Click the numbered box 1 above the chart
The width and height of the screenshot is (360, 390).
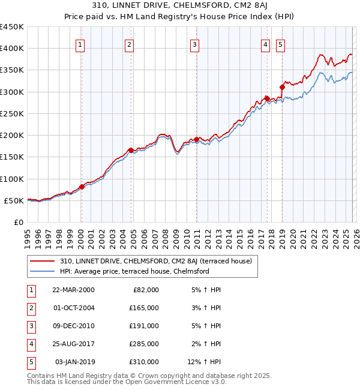coord(80,44)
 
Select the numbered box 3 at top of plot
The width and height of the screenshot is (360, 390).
coord(195,44)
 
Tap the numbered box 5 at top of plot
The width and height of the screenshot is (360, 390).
coord(281,44)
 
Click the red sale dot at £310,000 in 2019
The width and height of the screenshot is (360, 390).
coord(282,88)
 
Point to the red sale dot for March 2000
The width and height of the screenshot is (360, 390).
coord(82,187)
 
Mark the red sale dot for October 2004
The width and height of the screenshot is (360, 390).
coord(130,151)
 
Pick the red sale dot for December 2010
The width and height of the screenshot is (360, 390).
coord(196,139)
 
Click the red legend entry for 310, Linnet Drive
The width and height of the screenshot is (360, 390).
coord(158,261)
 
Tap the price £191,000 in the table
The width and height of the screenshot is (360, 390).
coord(144,326)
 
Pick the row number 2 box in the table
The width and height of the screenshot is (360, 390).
coord(31,308)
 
